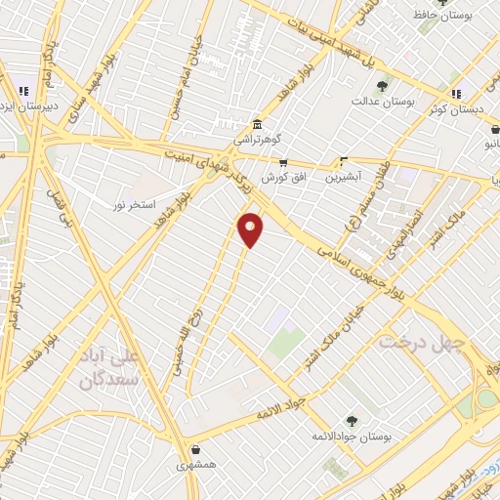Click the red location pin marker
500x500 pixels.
(251, 229)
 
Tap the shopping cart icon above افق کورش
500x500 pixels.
(283, 163)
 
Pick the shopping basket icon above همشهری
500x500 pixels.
(198, 451)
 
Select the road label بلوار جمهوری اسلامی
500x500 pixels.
(357, 272)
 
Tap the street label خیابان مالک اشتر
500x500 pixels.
(336, 323)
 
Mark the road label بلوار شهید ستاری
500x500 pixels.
(76, 104)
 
